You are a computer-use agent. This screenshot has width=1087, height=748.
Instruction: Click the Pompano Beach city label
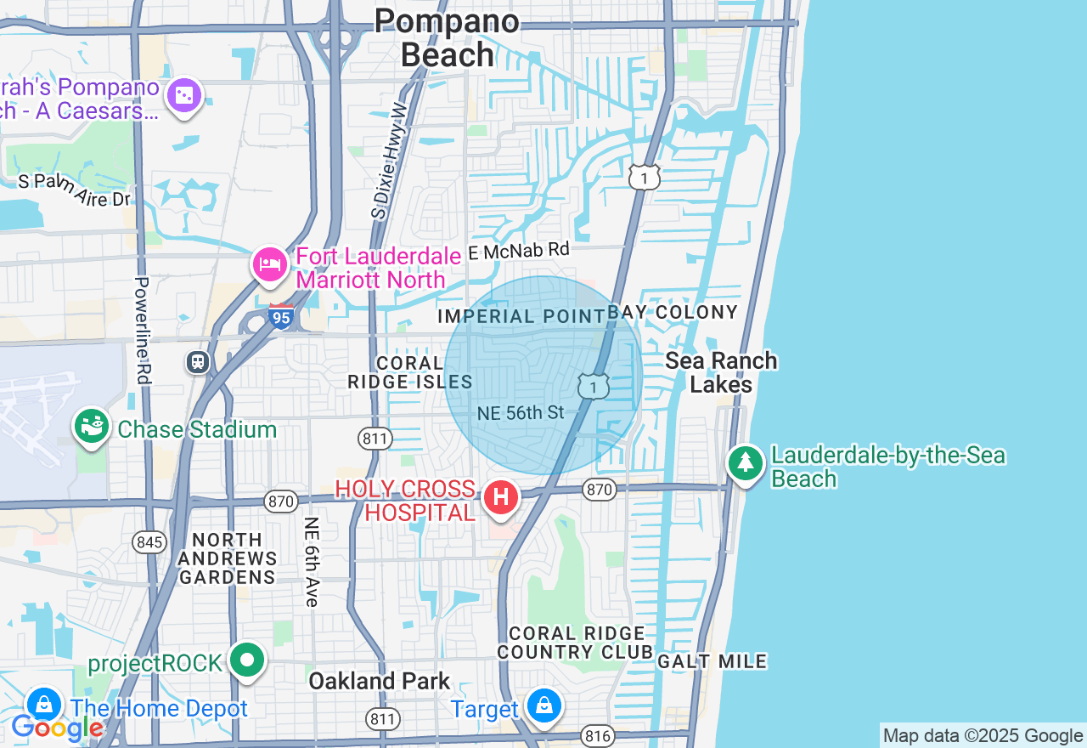pos(447,37)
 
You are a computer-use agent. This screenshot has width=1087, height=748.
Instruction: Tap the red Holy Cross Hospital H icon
pos(500,497)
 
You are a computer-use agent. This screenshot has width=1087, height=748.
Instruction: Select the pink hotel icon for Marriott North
pos(270,264)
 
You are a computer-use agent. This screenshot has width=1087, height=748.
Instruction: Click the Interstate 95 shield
pos(281,316)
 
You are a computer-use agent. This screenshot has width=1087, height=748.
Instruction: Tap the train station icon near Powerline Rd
pos(198,362)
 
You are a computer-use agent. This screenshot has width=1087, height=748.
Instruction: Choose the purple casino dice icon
pos(184,96)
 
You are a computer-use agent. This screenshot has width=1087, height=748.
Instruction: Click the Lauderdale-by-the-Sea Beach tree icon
pos(745,462)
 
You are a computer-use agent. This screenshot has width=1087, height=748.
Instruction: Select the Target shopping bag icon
pos(543,705)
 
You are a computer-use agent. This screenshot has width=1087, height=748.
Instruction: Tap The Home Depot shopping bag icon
pos(43,704)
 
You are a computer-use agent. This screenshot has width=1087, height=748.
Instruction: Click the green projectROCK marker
pos(247,660)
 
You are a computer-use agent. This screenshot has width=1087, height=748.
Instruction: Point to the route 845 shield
pos(149,541)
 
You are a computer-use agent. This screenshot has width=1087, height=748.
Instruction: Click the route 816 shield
pos(598,735)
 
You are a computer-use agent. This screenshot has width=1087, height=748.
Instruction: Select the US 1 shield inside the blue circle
pos(594,386)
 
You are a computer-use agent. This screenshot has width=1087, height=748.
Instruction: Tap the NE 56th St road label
pos(521,413)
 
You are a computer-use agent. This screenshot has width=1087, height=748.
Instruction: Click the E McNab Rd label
pos(518,251)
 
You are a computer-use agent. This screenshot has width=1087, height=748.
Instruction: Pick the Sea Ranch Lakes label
pos(721,372)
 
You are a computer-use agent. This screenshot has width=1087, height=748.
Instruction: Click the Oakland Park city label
pos(379,681)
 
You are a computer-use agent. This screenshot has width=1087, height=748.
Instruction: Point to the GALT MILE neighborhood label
pos(712,661)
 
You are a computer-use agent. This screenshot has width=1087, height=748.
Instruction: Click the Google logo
pos(57,728)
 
